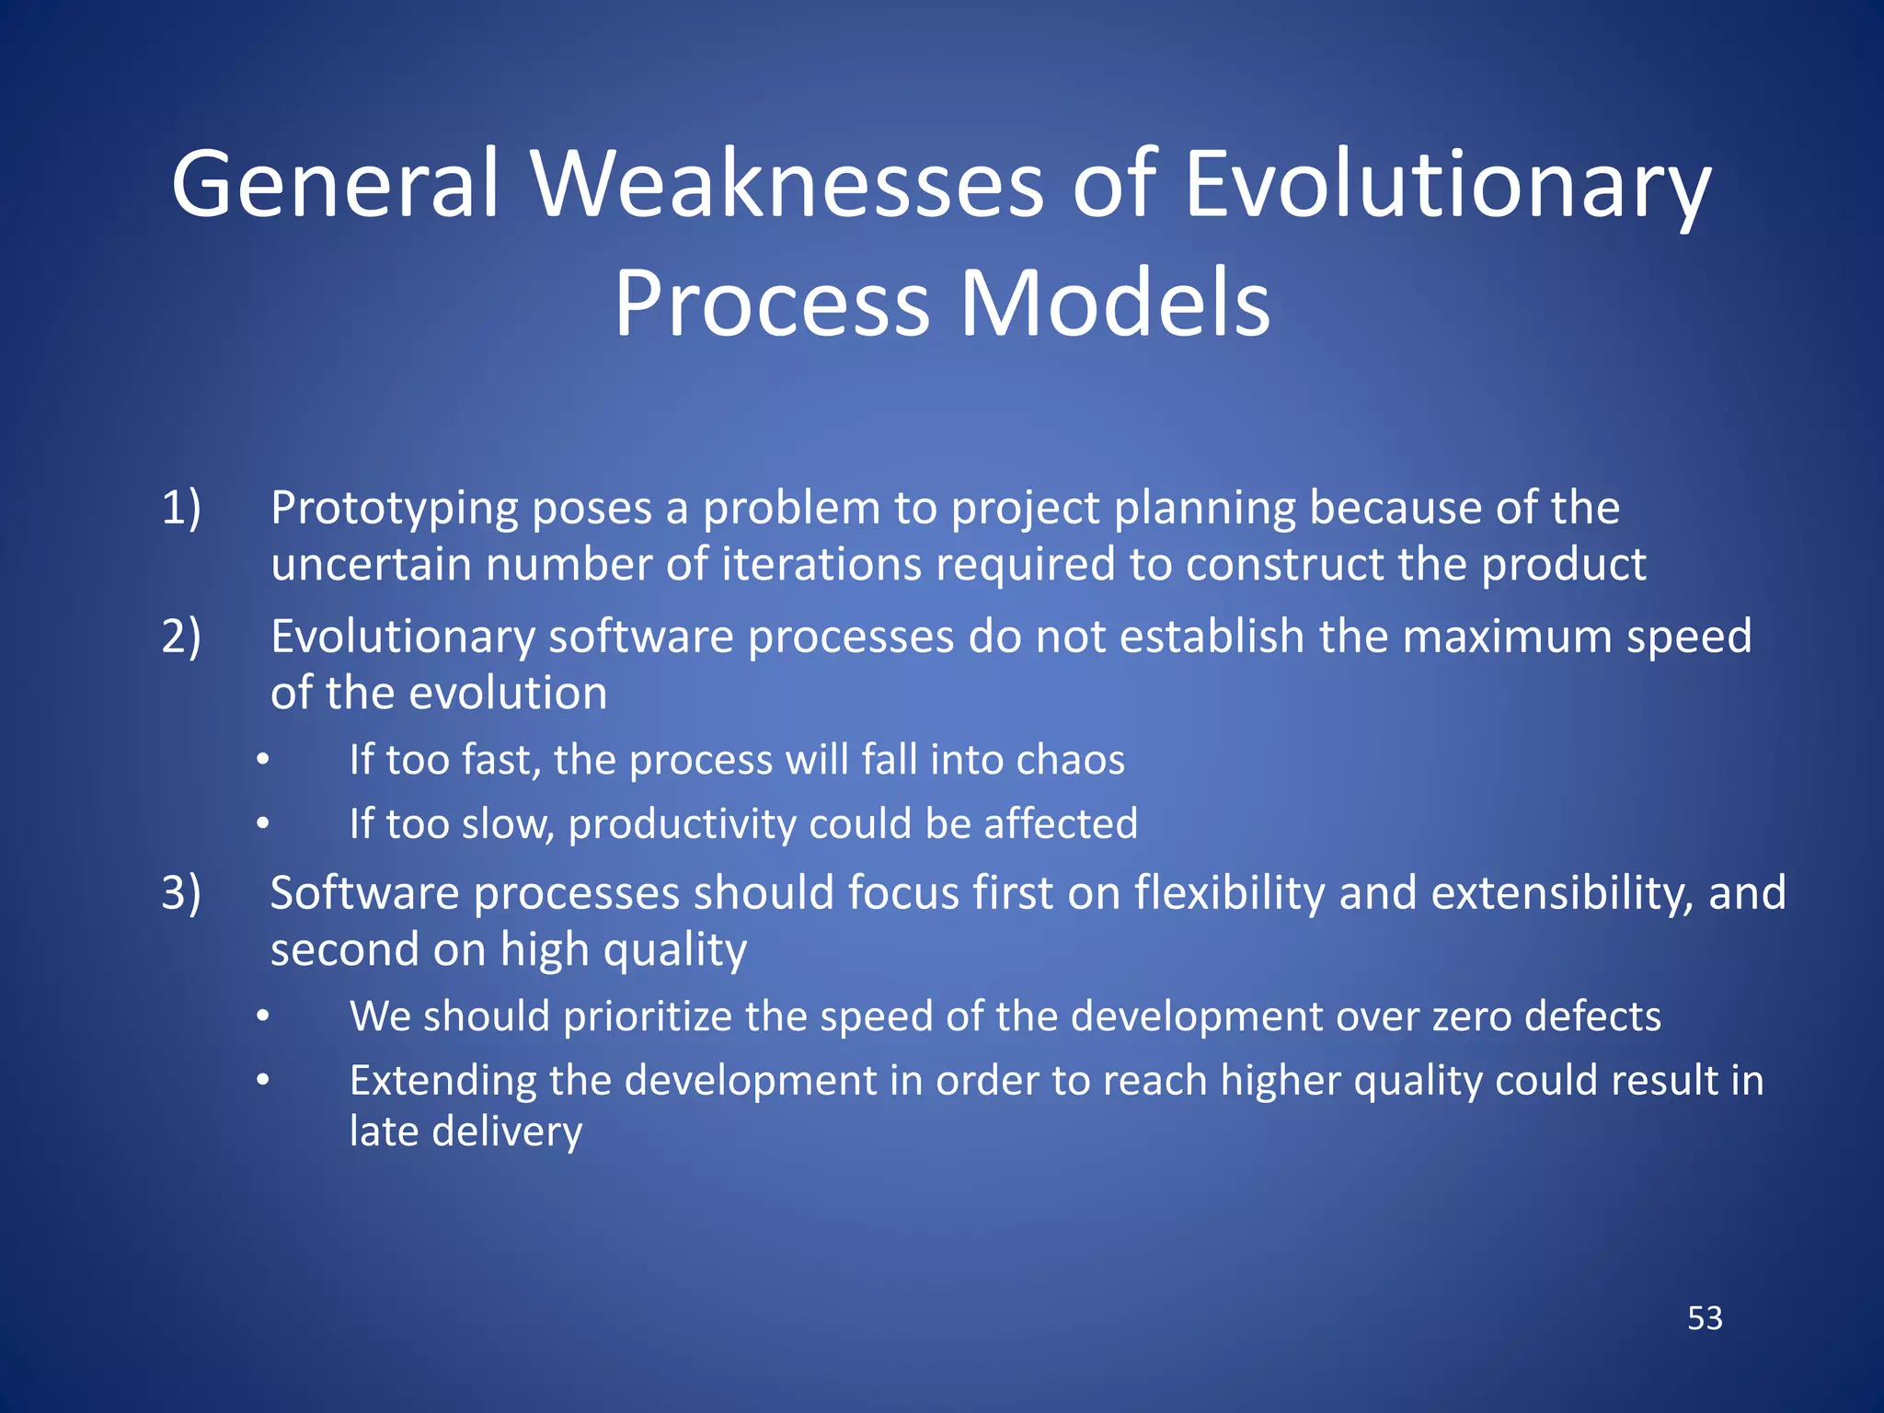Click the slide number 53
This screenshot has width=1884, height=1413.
coord(1705,1318)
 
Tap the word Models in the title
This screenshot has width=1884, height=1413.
coord(1114,304)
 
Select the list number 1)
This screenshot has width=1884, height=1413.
coord(181,508)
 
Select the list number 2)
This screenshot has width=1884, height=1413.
coord(181,636)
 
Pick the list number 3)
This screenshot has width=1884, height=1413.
coord(181,892)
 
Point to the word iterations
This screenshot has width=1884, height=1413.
coord(821,564)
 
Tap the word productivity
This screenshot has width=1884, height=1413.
coord(682,824)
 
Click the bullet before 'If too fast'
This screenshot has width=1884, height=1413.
coord(263,761)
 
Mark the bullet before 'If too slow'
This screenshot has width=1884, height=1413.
coord(263,824)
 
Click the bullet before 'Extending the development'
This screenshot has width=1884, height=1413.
coord(263,1080)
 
